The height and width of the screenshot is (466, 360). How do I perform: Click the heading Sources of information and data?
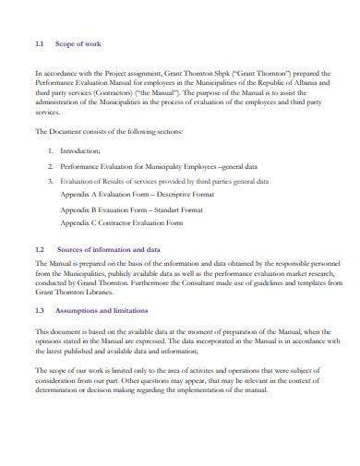pos(118,250)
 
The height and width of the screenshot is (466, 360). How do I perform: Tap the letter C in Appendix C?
pos(98,222)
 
